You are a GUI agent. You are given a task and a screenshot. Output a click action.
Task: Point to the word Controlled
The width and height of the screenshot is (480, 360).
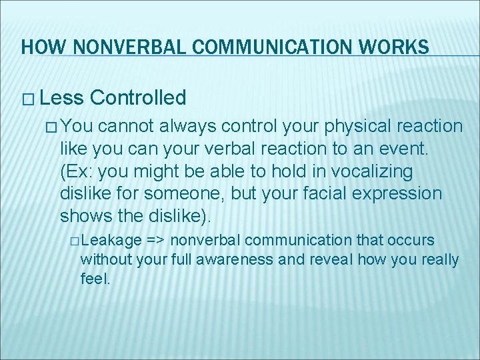(x=138, y=98)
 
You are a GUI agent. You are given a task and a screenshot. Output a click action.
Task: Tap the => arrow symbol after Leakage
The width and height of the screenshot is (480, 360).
(x=156, y=240)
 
